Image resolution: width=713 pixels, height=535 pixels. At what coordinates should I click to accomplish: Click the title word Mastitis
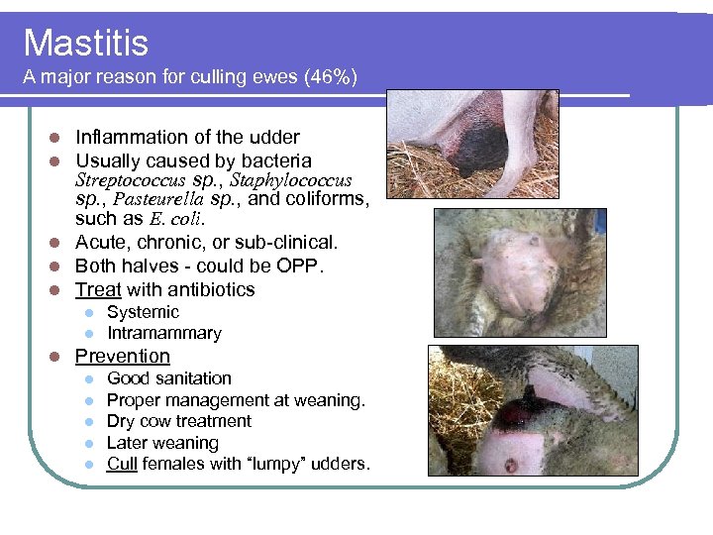pos(85,43)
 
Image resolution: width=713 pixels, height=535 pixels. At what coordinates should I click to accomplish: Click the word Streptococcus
pos(130,181)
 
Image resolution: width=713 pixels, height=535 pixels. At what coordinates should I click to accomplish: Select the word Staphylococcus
pos(291,181)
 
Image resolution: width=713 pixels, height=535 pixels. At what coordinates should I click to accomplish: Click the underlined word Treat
pos(98,289)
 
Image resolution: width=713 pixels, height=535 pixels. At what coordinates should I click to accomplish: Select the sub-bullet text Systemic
pos(143,312)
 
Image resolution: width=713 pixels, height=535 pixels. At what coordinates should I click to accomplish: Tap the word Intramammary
pos(163,334)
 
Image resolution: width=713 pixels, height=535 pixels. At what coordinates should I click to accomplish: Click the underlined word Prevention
pos(123,356)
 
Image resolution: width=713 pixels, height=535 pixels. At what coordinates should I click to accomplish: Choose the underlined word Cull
pos(122,464)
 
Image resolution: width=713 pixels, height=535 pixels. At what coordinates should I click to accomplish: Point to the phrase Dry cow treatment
pos(178,421)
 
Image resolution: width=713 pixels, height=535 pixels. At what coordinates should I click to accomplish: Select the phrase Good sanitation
pos(168,378)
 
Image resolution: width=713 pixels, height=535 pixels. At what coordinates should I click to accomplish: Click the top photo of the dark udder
pos(472,145)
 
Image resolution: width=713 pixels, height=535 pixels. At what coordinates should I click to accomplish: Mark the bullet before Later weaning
pos(89,443)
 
